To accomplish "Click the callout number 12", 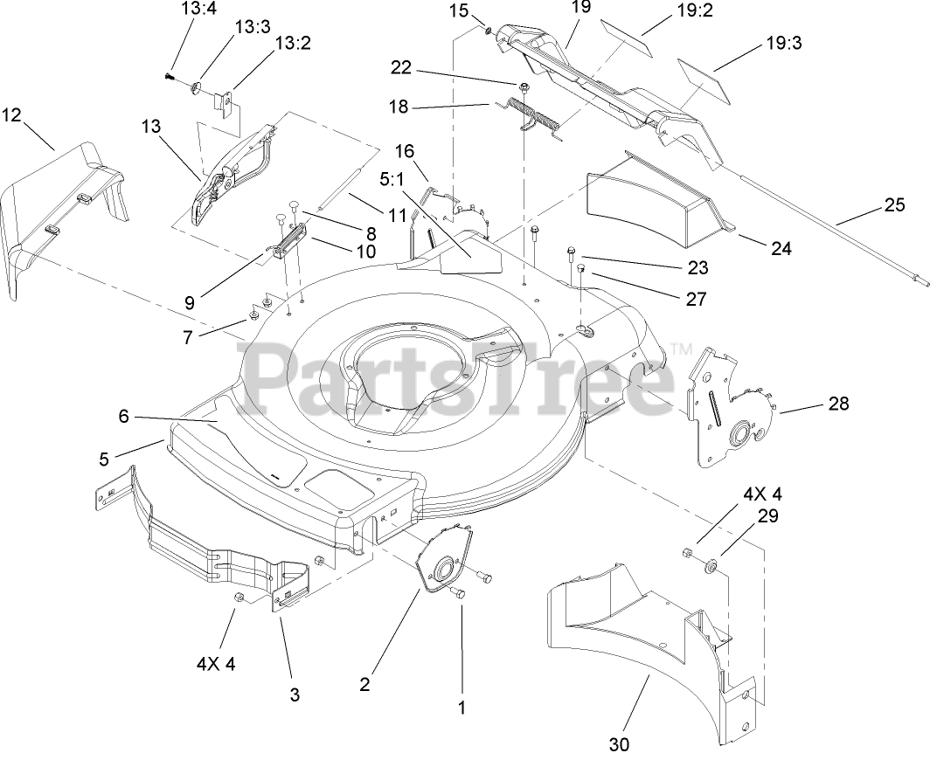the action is click(x=11, y=114).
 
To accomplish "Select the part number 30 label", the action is click(x=619, y=743).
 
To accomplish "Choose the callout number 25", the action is click(x=894, y=206).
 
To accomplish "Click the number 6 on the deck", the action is click(x=123, y=417).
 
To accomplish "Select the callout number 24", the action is click(x=781, y=249).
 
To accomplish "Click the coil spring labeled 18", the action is click(x=537, y=117).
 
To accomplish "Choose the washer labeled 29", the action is click(x=710, y=567).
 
